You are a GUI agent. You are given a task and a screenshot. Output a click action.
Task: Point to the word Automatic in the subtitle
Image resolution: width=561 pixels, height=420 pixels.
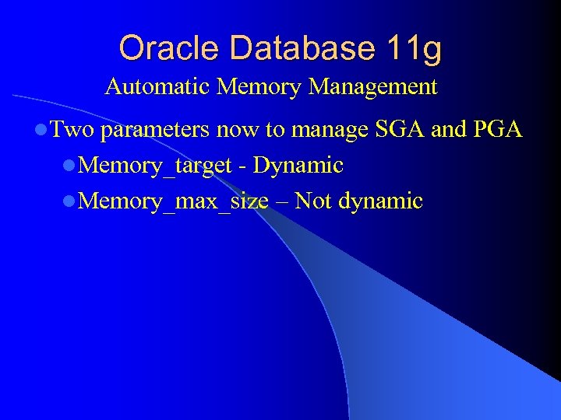click(158, 86)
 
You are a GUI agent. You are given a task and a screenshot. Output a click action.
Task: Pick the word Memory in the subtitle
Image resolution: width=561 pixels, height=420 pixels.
click(259, 86)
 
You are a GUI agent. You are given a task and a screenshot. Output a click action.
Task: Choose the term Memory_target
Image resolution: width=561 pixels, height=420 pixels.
click(156, 166)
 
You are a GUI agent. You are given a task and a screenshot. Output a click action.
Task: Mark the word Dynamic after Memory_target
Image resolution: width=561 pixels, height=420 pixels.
click(298, 166)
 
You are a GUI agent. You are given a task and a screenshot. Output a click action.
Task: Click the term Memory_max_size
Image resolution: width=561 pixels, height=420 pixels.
click(174, 202)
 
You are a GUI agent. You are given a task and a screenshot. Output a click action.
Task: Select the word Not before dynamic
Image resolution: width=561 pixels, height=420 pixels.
click(313, 202)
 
